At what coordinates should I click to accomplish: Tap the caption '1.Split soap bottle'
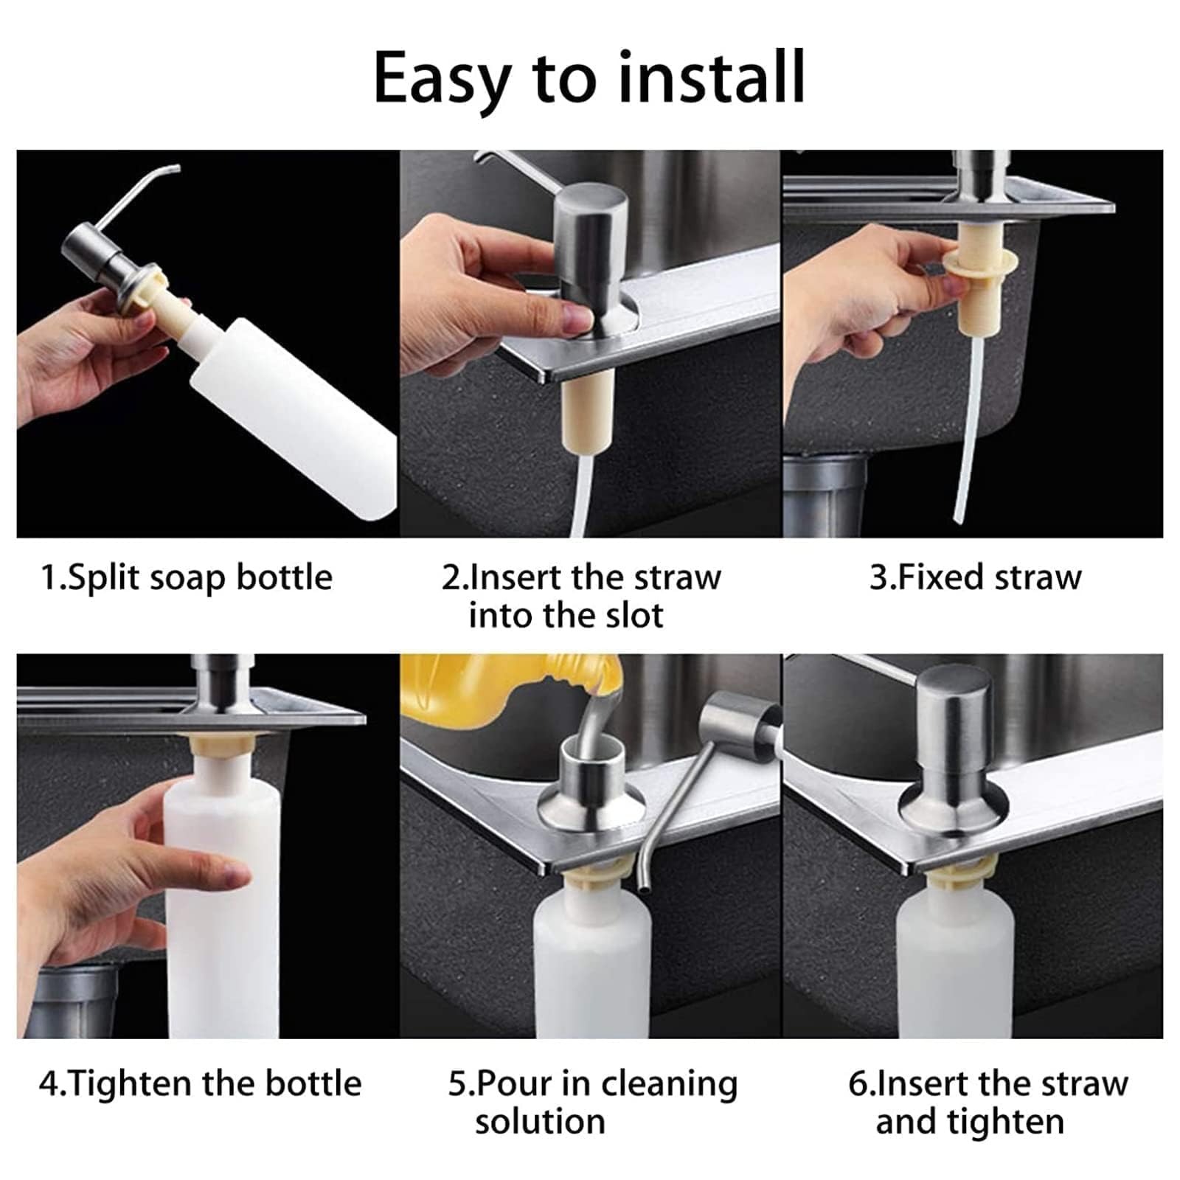click(x=186, y=577)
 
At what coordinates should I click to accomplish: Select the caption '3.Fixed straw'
click(x=975, y=577)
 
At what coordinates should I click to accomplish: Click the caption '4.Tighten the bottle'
click(x=200, y=1083)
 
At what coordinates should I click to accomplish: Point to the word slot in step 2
click(x=631, y=615)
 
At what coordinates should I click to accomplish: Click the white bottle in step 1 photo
click(x=295, y=413)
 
